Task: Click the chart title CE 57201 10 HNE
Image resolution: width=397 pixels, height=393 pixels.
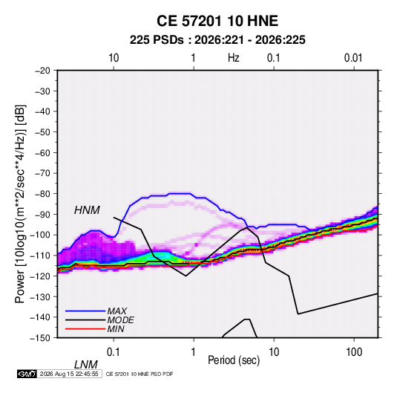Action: point(217,21)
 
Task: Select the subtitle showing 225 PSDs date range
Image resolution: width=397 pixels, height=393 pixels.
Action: point(217,40)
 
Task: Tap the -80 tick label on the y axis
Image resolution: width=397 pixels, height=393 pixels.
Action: point(42,194)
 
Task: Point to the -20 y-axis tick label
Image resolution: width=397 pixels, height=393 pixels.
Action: point(42,71)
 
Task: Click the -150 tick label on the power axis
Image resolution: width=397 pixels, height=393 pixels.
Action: point(40,338)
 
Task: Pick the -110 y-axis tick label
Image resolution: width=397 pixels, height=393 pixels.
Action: point(40,256)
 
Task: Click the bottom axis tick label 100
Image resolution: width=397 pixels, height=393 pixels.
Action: point(354,352)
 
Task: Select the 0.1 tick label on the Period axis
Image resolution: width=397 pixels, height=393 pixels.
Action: point(114,352)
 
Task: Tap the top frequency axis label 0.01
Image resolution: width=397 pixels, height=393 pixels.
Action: point(353,58)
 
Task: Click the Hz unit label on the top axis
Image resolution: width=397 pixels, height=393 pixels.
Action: point(234,58)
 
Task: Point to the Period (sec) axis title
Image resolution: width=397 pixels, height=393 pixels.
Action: point(234,360)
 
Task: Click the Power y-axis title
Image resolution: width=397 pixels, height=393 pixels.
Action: point(20,204)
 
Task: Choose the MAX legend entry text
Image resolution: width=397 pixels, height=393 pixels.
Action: point(117,311)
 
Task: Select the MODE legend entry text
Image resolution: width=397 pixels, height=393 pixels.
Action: point(120,320)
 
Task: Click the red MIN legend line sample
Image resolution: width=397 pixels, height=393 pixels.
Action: point(85,329)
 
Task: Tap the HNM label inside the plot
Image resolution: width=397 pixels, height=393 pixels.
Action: point(87,210)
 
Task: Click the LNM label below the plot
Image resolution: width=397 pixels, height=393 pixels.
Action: point(85,365)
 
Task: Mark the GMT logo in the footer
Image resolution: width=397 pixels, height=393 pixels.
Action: point(27,374)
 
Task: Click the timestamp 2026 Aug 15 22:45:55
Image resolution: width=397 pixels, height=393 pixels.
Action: point(69,374)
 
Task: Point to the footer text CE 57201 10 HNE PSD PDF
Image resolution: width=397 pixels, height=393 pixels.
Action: point(140,374)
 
